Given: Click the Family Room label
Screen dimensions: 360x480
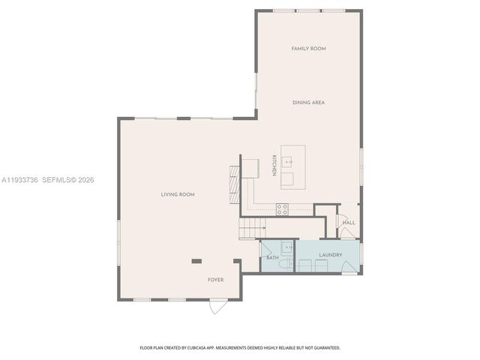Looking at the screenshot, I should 308,49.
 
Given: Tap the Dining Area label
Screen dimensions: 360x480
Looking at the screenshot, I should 308,103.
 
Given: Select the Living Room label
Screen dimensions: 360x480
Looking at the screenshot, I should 178,194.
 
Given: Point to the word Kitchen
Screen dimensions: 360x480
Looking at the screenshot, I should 274,166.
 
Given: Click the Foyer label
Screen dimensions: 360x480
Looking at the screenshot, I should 216,280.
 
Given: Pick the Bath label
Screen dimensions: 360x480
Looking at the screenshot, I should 272,258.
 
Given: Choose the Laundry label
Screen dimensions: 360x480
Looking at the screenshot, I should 330,255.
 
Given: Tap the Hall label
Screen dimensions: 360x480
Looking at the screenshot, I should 349,223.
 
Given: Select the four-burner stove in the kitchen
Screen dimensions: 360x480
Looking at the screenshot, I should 282,208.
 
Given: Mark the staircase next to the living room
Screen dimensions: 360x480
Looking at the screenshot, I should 252,226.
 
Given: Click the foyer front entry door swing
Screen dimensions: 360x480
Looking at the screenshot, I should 217,306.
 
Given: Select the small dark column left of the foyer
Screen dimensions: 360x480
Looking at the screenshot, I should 196,261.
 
